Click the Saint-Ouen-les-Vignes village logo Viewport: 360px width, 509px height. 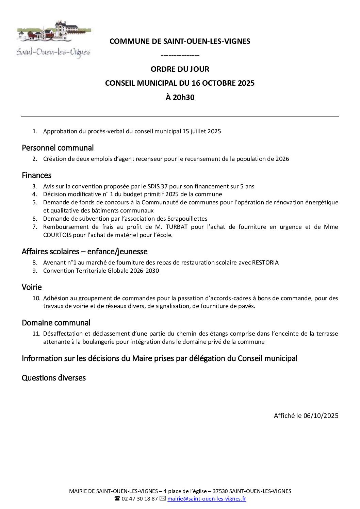pos(54,39)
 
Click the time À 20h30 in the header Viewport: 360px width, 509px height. pos(180,98)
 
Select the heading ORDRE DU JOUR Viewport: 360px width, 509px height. pos(180,69)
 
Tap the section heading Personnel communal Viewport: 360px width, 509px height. pos(58,148)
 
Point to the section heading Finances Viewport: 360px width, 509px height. pos(36,175)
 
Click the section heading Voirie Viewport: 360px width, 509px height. pos(32,287)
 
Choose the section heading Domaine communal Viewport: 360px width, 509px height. pos(56,323)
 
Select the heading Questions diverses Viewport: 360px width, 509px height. pos(54,378)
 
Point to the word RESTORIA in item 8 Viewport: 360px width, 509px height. pos(265,263)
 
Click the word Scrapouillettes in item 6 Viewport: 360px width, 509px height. pos(188,219)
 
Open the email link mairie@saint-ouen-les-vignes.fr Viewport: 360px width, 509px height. pos(207,499)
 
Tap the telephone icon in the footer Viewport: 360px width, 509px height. pos(117,499)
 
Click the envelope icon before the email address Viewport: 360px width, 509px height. pos(162,499)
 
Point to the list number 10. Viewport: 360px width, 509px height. pos(36,298)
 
